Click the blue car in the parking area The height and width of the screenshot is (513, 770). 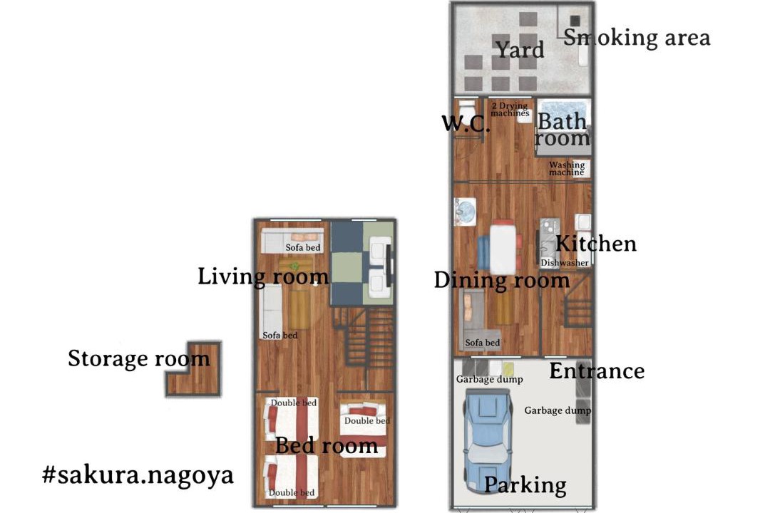(x=488, y=441)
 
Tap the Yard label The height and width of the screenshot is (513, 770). (x=520, y=50)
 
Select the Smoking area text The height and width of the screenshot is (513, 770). (x=637, y=38)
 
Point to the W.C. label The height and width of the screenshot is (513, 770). (x=466, y=123)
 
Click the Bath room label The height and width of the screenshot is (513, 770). (x=563, y=129)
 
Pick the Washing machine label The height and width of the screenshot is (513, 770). (x=567, y=168)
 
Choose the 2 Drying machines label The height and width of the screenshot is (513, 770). (x=510, y=109)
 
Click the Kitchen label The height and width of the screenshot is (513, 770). (x=595, y=244)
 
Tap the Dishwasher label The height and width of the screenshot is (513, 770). (x=564, y=263)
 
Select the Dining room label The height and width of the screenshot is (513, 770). (x=502, y=280)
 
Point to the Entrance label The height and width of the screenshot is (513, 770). (x=597, y=371)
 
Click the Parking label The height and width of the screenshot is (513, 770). (x=525, y=485)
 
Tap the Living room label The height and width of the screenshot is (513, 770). (x=262, y=276)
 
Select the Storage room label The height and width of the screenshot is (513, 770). (x=139, y=358)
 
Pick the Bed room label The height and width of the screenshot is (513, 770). (x=327, y=446)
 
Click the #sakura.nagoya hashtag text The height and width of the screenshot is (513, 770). (x=138, y=475)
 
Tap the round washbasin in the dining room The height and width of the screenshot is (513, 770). (x=466, y=212)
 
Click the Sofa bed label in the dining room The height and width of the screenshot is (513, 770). (x=482, y=343)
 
